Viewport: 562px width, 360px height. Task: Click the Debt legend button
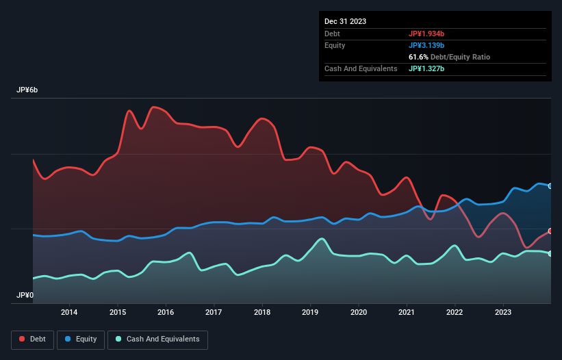(x=33, y=339)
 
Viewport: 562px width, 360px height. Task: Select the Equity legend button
(x=81, y=339)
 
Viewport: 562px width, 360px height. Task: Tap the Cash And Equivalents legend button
(x=157, y=339)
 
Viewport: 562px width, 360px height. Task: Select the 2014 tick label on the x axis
(x=69, y=313)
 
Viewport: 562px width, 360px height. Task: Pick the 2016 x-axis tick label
(x=166, y=313)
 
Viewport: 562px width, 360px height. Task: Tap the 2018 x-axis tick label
(x=262, y=313)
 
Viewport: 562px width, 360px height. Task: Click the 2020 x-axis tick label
(x=359, y=313)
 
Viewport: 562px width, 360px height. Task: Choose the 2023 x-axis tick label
(x=503, y=313)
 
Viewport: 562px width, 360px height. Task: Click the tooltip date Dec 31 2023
(x=345, y=21)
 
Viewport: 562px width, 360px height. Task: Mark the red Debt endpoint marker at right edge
(x=550, y=231)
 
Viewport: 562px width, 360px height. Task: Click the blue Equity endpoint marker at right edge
(x=550, y=185)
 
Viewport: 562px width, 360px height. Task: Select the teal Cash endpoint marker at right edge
(x=550, y=253)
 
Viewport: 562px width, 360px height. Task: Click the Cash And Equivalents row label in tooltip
(x=361, y=68)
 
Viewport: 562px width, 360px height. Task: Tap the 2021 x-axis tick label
(x=407, y=313)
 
